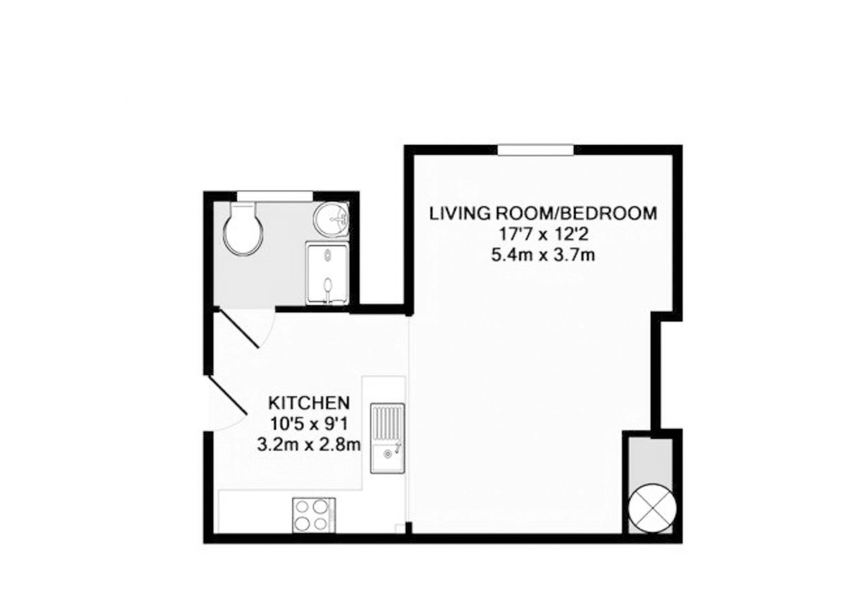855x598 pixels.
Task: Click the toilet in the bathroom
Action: pos(244,229)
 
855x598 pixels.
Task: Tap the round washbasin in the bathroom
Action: pos(331,220)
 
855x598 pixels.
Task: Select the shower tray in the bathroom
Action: pos(327,274)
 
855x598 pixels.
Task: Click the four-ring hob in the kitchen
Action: pos(313,515)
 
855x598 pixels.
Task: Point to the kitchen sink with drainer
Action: pos(387,438)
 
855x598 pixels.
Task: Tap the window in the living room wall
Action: pos(536,150)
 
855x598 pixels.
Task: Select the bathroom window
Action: pos(275,196)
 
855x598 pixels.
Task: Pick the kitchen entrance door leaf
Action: pos(227,395)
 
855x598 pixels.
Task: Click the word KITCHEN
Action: pos(309,403)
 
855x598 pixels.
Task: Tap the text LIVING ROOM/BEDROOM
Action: pos(543,213)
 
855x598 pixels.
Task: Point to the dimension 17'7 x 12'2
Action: pos(543,234)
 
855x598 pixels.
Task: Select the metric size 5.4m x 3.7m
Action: pos(543,255)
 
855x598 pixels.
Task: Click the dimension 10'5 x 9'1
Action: pos(309,423)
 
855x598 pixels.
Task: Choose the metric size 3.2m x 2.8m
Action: pos(309,444)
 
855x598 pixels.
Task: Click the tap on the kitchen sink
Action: pos(398,447)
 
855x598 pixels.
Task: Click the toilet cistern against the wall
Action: pos(244,208)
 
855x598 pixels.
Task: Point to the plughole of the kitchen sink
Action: pos(388,454)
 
